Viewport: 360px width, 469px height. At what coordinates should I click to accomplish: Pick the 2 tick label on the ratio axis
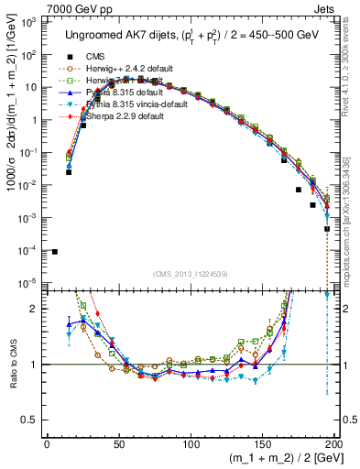35,309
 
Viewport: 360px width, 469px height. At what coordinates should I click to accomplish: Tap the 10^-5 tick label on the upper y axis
28,282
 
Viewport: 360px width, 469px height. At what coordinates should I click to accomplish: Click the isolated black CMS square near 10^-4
55,251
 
